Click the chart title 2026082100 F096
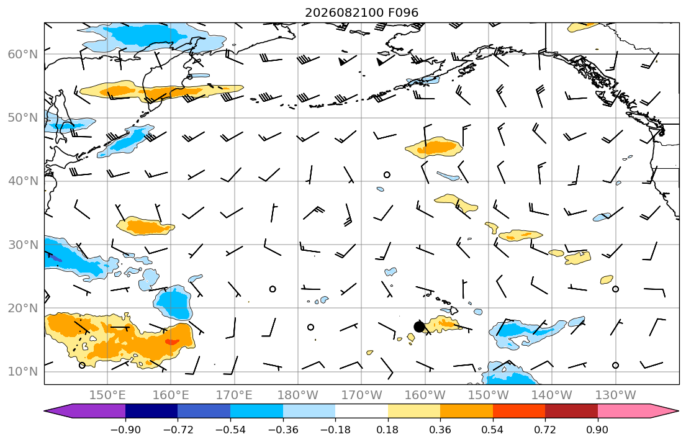coord(362,12)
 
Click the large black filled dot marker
coord(419,327)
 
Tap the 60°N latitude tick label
coord(23,54)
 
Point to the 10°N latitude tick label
coord(23,372)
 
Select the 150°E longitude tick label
coord(107,395)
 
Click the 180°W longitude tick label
coord(298,395)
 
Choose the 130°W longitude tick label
coord(616,395)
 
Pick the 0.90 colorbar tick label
coord(598,430)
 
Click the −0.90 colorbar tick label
coord(125,430)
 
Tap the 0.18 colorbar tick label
coord(387,430)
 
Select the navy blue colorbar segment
coord(151,411)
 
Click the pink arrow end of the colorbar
coord(638,411)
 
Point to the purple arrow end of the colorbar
coord(85,411)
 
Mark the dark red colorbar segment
coord(571,411)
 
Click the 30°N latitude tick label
coord(23,245)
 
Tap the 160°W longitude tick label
coord(425,395)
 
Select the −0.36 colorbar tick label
coord(283,430)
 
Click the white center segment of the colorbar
coord(361,411)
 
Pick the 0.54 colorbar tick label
coord(493,430)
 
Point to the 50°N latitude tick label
coord(23,118)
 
